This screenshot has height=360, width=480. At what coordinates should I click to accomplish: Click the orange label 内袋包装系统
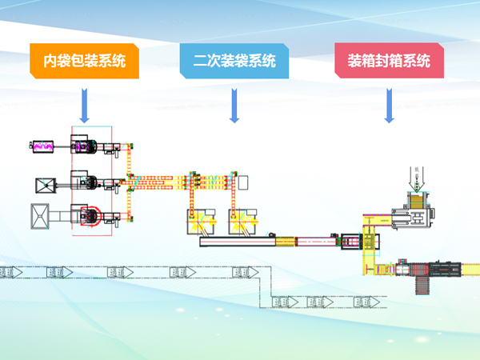85,61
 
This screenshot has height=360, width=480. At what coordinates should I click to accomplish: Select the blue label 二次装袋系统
235,61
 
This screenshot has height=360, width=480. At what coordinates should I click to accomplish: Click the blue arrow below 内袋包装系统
85,104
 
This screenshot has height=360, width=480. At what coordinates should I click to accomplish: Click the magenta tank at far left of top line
42,146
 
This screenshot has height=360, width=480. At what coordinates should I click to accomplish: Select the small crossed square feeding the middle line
42,186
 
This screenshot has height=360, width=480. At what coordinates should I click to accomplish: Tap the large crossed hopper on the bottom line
40,216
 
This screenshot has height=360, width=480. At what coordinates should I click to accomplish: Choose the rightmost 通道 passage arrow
367,302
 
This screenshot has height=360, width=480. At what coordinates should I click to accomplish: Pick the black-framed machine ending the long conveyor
350,239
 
